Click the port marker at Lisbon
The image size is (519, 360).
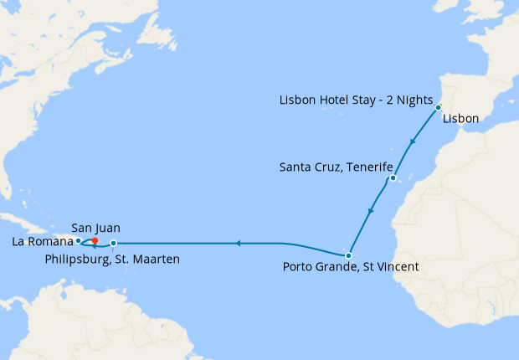(x=438, y=107)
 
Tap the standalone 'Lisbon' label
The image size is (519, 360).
(x=460, y=119)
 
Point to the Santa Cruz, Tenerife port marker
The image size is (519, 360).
(x=392, y=178)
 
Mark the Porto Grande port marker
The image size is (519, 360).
(x=348, y=255)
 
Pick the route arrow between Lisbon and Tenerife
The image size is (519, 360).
(x=411, y=146)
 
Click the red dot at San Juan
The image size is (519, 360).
(x=95, y=241)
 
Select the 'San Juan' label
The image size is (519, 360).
(x=95, y=227)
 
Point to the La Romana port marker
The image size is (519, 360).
(x=78, y=240)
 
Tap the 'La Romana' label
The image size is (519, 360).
(x=42, y=242)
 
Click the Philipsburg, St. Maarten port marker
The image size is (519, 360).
(x=114, y=244)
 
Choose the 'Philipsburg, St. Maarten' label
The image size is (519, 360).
(x=112, y=260)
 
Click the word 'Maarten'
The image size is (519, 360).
(x=157, y=260)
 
